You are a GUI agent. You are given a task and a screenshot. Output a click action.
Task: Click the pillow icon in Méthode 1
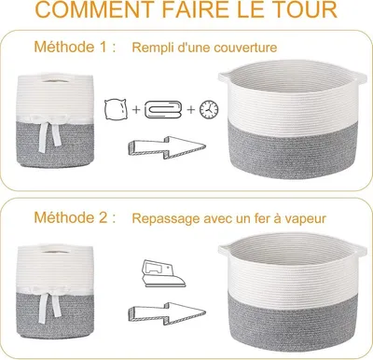click(x=116, y=109)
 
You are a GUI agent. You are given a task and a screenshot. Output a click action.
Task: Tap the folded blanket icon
click(x=162, y=109)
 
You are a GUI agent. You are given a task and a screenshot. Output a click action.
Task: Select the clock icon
click(x=209, y=109)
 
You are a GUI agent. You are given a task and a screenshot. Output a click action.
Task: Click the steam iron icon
click(x=163, y=273)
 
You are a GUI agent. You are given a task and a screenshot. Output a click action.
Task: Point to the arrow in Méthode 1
click(x=167, y=147)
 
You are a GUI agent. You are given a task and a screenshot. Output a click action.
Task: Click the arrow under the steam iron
click(x=167, y=313)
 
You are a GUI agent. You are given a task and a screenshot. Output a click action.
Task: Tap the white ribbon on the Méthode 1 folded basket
click(x=49, y=132)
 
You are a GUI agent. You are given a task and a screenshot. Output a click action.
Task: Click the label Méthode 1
click(x=75, y=47)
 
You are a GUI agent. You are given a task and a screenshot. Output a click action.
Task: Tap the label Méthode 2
click(x=75, y=217)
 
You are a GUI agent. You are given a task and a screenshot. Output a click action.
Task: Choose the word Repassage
click(x=166, y=219)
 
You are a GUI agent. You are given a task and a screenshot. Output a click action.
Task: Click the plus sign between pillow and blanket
click(x=136, y=109)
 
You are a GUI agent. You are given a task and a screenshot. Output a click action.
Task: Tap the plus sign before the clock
click(x=190, y=109)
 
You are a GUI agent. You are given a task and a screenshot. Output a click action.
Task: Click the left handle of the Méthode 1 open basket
click(x=225, y=76)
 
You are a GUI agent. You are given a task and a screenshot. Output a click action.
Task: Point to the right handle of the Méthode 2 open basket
click(x=361, y=249)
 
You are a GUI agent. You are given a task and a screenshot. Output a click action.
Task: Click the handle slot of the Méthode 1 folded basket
click(x=56, y=80)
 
